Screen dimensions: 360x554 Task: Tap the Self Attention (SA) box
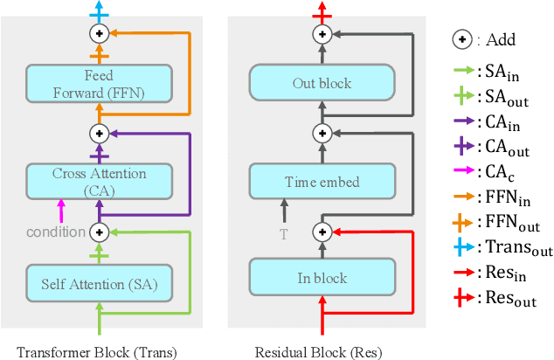click(x=99, y=282)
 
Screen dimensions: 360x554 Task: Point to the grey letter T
click(x=282, y=232)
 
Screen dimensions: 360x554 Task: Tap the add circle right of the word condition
click(x=99, y=232)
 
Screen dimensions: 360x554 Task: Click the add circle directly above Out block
click(x=322, y=34)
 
